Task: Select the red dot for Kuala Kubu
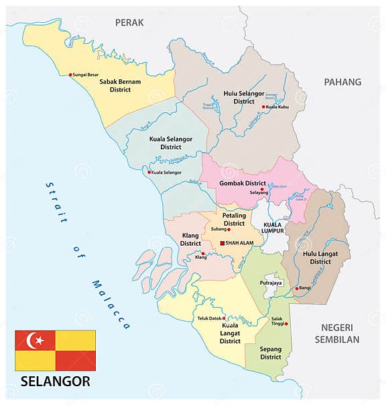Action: coord(263,106)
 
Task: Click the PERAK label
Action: coord(129,22)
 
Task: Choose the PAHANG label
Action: coord(342,82)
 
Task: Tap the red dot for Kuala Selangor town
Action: coord(149,173)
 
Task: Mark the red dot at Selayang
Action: coord(262,189)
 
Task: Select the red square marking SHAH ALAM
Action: coord(222,242)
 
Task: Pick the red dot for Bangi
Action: coord(297,288)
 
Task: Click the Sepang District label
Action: coord(271,353)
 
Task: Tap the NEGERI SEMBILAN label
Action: coord(336,333)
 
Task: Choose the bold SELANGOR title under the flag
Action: coord(55,382)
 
